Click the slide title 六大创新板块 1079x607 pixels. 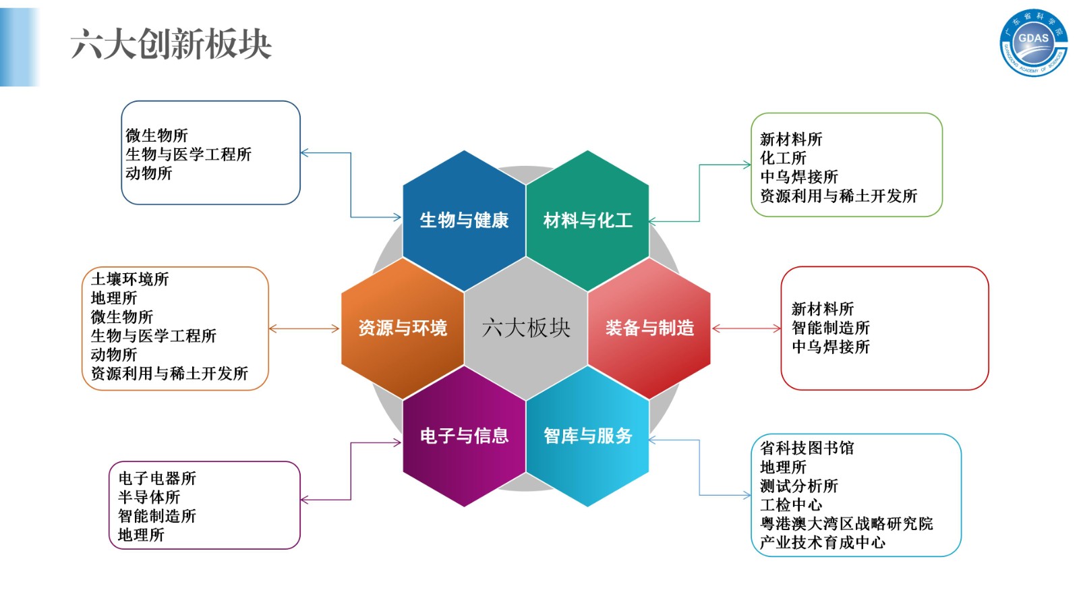pos(171,45)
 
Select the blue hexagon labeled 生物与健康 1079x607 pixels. pos(464,220)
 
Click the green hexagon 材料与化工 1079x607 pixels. pos(587,220)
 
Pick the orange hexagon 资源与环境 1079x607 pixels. pos(403,328)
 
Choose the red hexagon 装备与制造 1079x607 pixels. pos(649,328)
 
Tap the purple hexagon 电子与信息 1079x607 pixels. pos(464,436)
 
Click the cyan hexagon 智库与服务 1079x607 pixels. pos(587,436)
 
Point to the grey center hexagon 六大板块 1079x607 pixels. pos(526,328)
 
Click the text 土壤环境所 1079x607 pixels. pos(129,279)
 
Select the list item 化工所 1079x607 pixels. pos(783,158)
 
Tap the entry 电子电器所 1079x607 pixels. pos(157,479)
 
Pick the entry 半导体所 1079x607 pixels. pos(149,498)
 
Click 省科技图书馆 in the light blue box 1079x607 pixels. pos(807,449)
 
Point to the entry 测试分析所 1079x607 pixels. pos(799,486)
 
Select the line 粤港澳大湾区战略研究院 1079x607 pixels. pos(846,524)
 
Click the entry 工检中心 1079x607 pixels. pos(791,505)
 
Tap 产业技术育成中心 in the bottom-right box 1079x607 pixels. pos(823,543)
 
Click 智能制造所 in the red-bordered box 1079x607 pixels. pos(830,328)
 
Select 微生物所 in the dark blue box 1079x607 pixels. pos(156,136)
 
